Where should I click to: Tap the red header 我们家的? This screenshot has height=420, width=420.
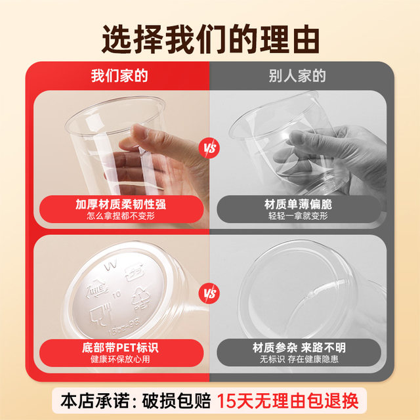pyautogui.click(x=119, y=75)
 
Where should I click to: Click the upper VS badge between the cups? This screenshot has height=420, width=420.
pyautogui.click(x=210, y=148)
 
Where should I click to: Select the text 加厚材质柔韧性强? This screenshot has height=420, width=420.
pyautogui.click(x=121, y=204)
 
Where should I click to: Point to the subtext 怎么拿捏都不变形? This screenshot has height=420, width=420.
pyautogui.click(x=121, y=216)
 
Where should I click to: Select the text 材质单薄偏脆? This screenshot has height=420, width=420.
pyautogui.click(x=299, y=204)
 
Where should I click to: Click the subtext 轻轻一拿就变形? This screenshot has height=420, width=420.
pyautogui.click(x=299, y=216)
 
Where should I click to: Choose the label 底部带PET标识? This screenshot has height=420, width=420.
pyautogui.click(x=121, y=348)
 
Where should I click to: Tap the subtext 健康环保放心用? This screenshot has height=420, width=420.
pyautogui.click(x=121, y=360)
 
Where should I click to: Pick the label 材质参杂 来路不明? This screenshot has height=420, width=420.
pyautogui.click(x=299, y=348)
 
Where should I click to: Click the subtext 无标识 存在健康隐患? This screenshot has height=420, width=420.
pyautogui.click(x=299, y=360)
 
